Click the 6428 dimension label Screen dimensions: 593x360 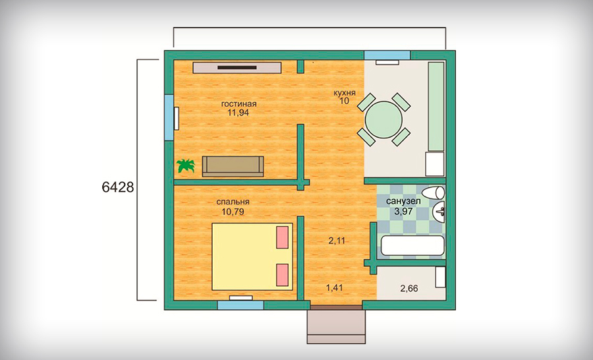click(118, 187)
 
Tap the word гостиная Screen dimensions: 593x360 click(239, 104)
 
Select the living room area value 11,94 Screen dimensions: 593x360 click(239, 113)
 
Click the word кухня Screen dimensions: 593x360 click(344, 93)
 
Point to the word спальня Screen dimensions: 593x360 click(233, 202)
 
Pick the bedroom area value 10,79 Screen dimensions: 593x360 click(233, 212)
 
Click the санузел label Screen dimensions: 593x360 click(403, 202)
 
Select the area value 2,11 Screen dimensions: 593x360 click(337, 241)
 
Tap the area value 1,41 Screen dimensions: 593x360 click(334, 288)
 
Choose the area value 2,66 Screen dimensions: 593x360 click(409, 289)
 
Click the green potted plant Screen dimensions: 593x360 click(186, 165)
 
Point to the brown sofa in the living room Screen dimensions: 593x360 click(233, 166)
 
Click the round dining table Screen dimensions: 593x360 click(383, 119)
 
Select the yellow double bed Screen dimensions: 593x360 click(252, 256)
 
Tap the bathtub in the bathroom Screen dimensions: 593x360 click(412, 246)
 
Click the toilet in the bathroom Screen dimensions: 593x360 click(434, 193)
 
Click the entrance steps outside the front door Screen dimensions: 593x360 click(336, 326)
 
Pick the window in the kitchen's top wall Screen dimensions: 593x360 click(387, 55)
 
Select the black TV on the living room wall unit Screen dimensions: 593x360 click(237, 67)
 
